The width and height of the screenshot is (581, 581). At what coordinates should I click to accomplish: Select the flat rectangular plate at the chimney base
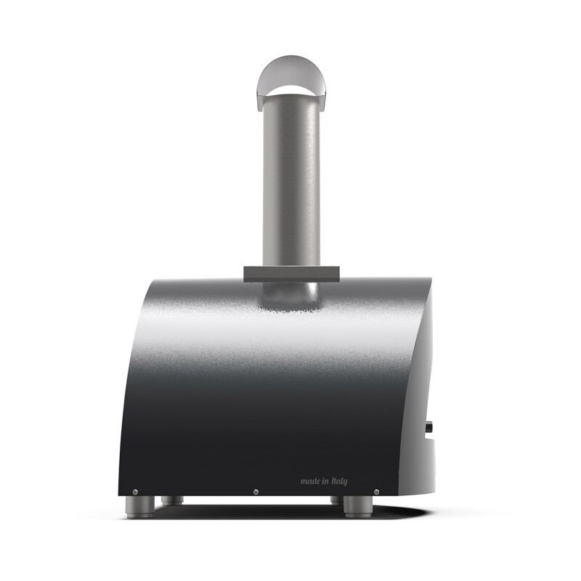[x=291, y=275]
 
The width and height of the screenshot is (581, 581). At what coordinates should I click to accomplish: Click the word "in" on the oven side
[x=325, y=481]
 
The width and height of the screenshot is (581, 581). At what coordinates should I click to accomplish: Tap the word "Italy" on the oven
[x=339, y=482]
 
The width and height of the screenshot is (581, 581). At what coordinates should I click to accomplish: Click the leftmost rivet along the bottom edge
[x=135, y=492]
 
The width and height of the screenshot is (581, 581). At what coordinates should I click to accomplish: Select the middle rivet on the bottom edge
[x=256, y=492]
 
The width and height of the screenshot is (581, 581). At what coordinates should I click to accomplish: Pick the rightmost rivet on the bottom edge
[x=376, y=492]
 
